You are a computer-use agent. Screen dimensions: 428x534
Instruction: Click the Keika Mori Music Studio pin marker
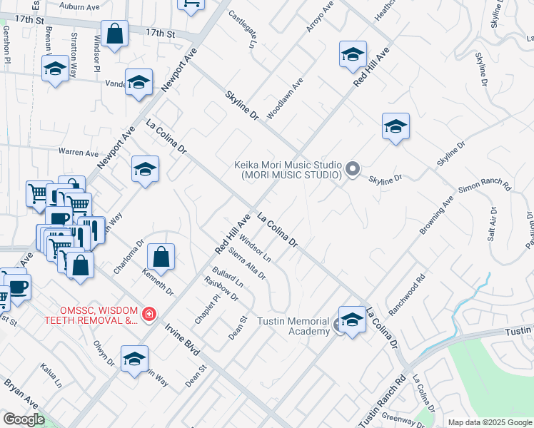[352, 169]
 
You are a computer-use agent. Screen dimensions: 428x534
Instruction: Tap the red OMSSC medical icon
[148, 315]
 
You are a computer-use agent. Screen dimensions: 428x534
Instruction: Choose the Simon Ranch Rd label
[485, 188]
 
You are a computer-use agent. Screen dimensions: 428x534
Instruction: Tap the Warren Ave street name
[79, 153]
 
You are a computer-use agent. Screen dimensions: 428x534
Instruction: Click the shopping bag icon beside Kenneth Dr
[162, 258]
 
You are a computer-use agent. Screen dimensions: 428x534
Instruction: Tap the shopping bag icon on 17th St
[114, 34]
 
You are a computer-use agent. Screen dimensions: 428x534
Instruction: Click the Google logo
[24, 419]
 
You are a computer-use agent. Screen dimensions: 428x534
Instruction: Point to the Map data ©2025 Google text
[490, 422]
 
